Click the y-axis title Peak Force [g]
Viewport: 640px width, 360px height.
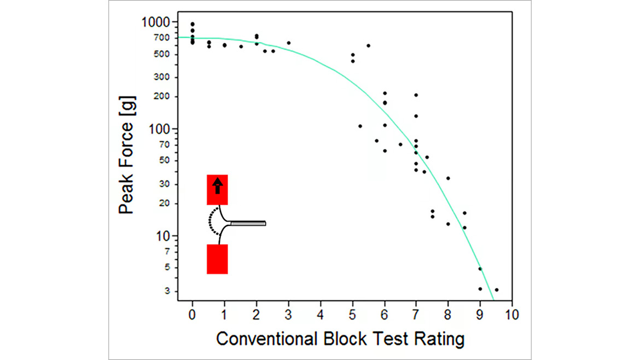(127, 155)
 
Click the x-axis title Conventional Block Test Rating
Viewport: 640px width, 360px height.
(340, 339)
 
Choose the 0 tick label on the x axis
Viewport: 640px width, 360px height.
(192, 315)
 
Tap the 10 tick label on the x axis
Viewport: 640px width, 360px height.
(512, 315)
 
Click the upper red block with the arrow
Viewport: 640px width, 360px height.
(217, 190)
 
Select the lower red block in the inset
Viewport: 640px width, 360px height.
(217, 259)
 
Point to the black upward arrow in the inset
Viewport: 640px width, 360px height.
(217, 185)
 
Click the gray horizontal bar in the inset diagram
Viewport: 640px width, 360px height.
(248, 223)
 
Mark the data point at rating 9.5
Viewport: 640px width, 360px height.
(496, 290)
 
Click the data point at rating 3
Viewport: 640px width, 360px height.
(288, 43)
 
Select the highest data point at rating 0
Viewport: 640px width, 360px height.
(192, 24)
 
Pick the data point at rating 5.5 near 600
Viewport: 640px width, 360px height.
(368, 45)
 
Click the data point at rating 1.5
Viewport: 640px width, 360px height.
(241, 47)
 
